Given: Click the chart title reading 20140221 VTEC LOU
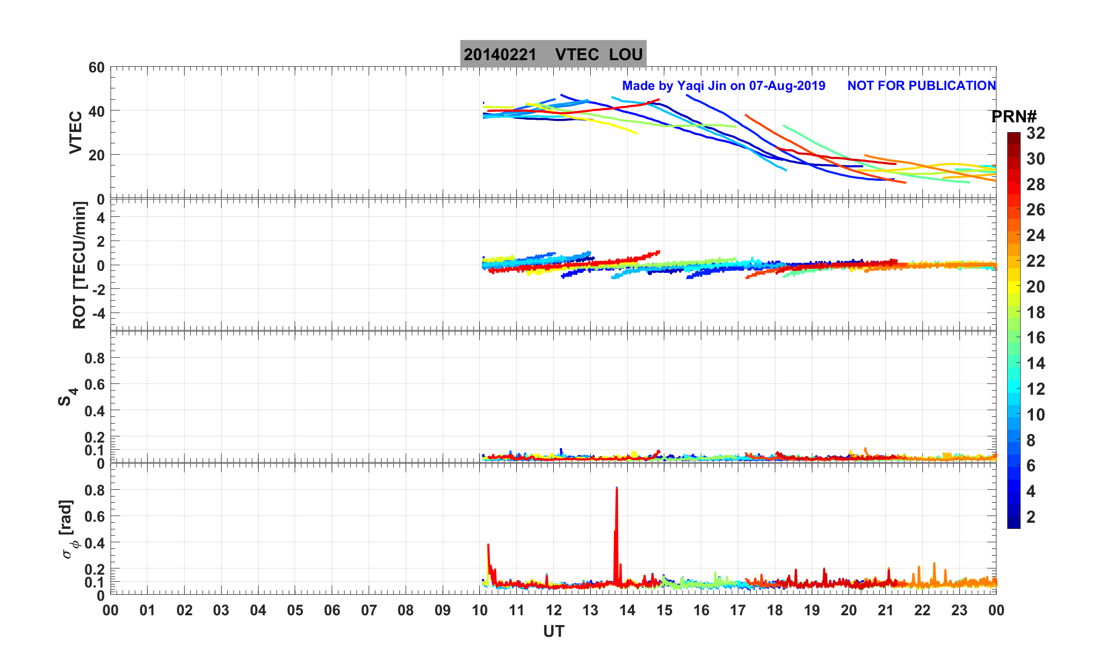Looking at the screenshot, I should coord(553,54).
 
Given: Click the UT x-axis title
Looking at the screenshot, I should coord(553,631).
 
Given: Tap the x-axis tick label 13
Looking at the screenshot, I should coord(590,611).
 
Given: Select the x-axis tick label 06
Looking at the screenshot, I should coord(332,611).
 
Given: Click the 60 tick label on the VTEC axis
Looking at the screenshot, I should coord(96,68).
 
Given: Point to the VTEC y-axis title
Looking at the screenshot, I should coord(76,132).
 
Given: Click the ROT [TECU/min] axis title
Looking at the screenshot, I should coord(79,265).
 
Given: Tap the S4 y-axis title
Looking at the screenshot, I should coord(67,397).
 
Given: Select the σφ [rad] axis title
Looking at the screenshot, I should coord(69,529).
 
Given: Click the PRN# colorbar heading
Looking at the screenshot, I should coord(1013,117).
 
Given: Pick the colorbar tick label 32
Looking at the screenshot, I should coord(1036,133).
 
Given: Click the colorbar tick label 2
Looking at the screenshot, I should coord(1030,517).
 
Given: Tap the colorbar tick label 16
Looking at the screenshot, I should coord(1036,338).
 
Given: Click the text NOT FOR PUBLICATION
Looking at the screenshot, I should coord(921,86).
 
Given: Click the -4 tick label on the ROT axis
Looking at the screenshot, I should coord(96,313).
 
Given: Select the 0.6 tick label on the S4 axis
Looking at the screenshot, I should coord(94,384).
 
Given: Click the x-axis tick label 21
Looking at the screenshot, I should coord(885,611).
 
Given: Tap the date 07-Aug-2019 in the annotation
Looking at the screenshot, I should coord(787,86).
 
